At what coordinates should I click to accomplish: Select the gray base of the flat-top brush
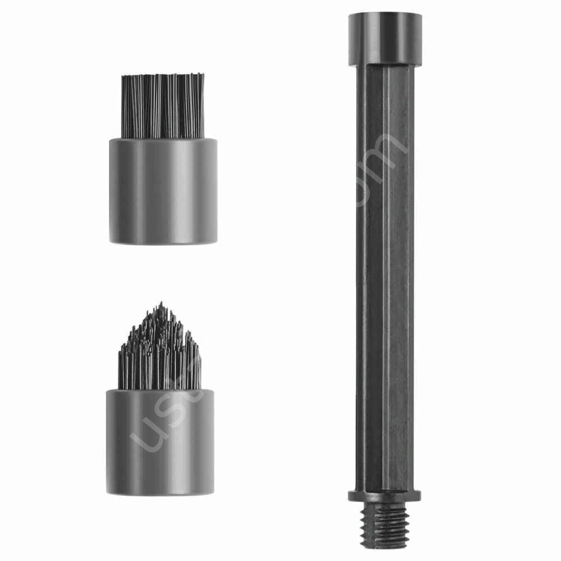coord(163,191)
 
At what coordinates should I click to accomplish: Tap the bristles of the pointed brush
coord(160,353)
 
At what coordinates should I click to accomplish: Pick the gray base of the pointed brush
coord(160,443)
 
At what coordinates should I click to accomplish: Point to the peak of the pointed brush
coord(161,305)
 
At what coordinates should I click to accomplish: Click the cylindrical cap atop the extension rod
coord(385,36)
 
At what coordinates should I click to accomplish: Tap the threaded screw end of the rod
coord(385,527)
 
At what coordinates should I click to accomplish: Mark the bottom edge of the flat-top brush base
coord(163,242)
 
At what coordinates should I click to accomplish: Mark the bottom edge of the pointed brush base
coord(160,493)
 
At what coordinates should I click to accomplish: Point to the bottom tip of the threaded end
coord(385,548)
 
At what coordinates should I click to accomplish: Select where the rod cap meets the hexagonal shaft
coord(385,63)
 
